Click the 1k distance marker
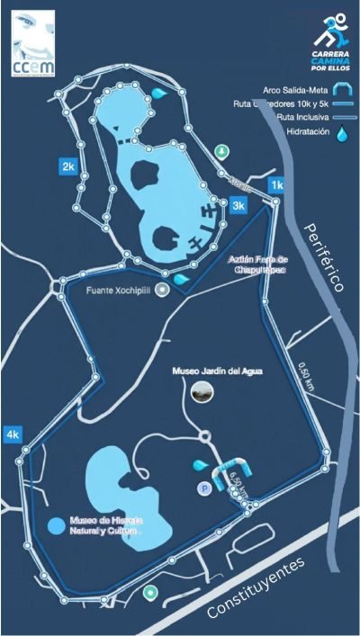point(276,184)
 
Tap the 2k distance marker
point(67,166)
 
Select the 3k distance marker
point(238,206)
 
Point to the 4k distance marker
point(13,434)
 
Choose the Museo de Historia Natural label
point(106,525)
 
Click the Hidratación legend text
point(302,132)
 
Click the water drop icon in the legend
point(341,134)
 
